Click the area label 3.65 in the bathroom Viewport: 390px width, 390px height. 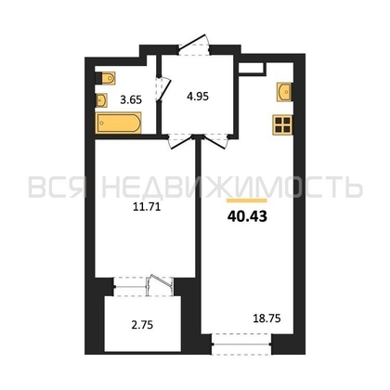(x=131, y=100)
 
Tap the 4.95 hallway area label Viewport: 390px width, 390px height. (x=198, y=97)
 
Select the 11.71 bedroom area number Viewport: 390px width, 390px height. (x=147, y=206)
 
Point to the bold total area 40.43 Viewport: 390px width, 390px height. (x=247, y=217)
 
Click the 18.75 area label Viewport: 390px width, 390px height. (x=266, y=318)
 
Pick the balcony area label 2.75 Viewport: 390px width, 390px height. (x=142, y=325)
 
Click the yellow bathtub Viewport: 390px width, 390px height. (x=119, y=123)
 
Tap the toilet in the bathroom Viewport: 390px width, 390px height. (x=106, y=78)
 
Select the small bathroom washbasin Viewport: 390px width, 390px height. (x=101, y=100)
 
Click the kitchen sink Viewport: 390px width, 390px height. (x=284, y=92)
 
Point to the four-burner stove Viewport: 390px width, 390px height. (x=282, y=125)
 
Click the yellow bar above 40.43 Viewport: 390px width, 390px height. (x=247, y=201)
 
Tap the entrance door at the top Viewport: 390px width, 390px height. (x=194, y=45)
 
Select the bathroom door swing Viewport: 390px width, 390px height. (x=163, y=88)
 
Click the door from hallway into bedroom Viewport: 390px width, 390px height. (x=180, y=141)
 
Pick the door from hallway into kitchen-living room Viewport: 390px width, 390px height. (x=215, y=141)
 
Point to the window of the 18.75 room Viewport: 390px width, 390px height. (x=241, y=344)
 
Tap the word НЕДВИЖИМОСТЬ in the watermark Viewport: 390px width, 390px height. (x=232, y=187)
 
